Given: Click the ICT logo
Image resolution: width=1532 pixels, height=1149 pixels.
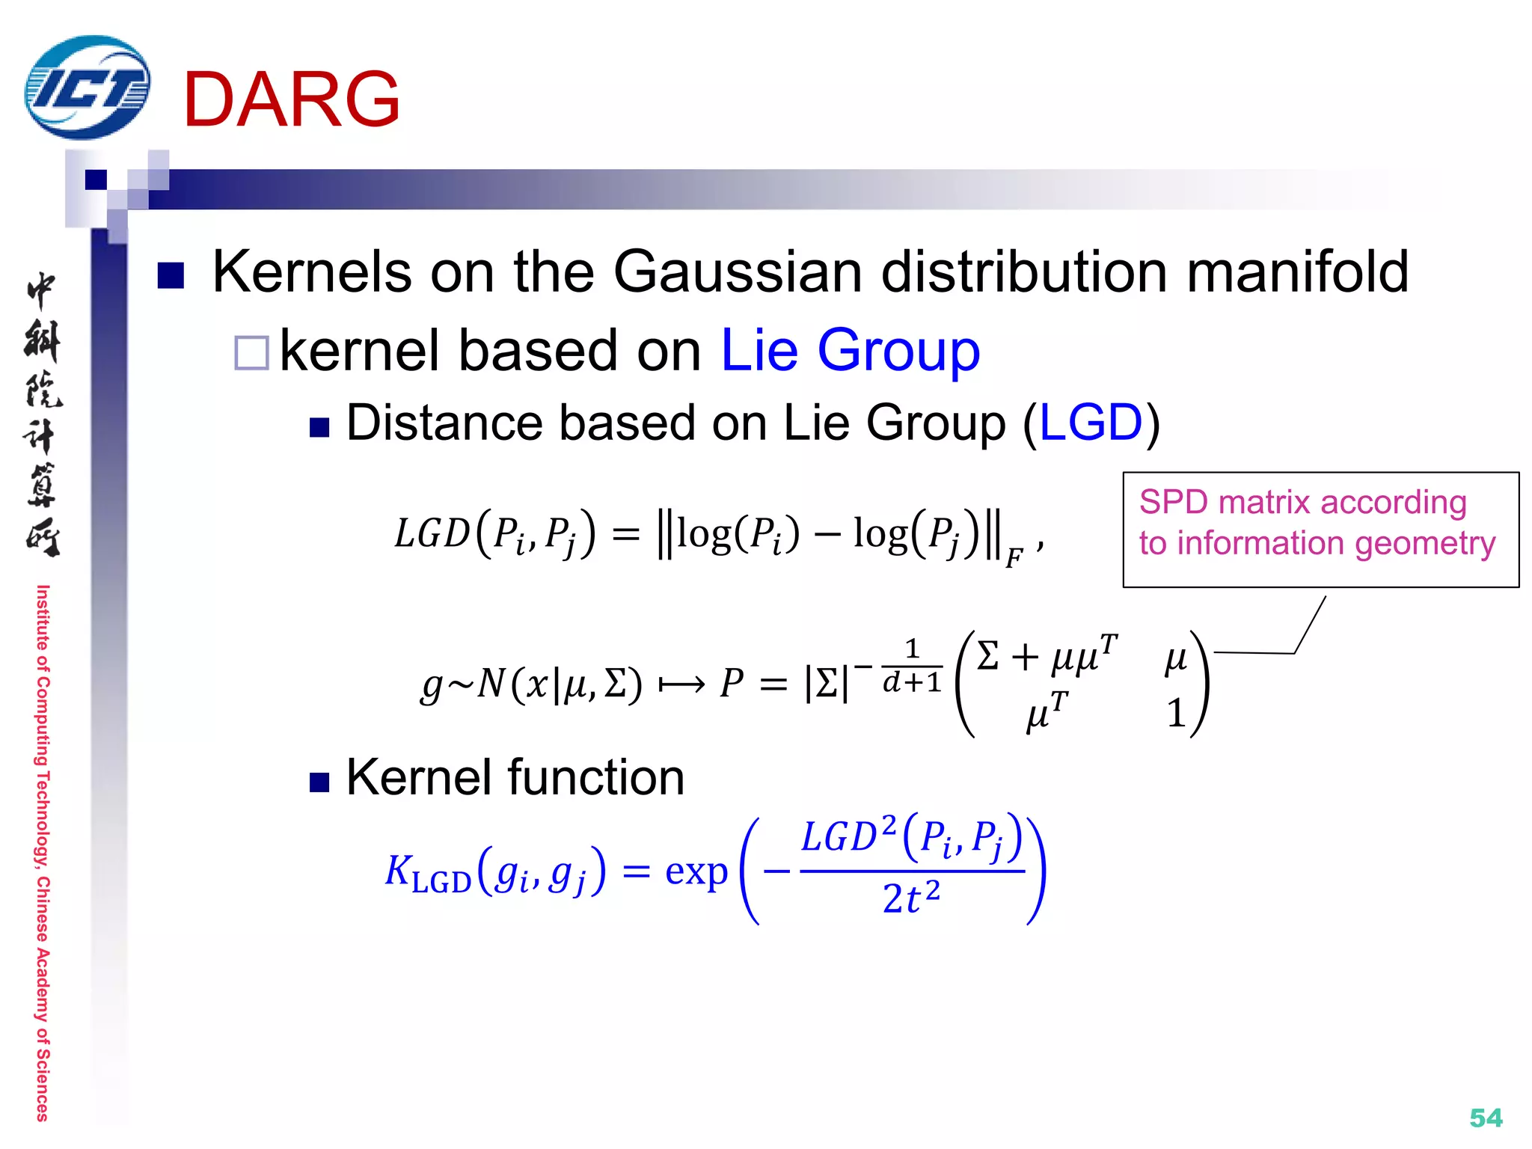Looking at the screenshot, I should pos(86,88).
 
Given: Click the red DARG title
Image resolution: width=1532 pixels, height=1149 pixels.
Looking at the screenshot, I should pos(291,99).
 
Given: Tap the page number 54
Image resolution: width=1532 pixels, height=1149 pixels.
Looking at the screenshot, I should pos(1485,1118).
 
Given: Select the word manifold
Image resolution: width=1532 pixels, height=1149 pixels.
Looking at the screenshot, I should pos(1297,272).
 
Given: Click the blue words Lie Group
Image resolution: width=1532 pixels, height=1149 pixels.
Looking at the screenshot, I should pos(850,350).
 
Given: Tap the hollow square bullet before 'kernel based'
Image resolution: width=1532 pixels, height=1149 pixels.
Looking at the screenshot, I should pos(251,352).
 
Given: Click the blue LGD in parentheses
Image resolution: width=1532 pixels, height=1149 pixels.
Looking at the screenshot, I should pos(1091,423).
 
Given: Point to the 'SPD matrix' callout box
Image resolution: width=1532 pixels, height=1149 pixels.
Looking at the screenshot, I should pos(1320,529).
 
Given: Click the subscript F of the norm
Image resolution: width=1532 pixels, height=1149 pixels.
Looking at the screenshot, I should pos(1013,558).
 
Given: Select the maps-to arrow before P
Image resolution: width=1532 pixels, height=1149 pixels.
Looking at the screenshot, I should pos(681,684).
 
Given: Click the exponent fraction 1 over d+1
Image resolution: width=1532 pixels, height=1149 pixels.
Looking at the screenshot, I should pos(911,666).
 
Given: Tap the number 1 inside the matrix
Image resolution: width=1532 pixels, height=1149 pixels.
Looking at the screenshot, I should pos(1176,713).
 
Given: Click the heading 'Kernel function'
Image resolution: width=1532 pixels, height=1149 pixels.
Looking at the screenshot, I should pos(515,777).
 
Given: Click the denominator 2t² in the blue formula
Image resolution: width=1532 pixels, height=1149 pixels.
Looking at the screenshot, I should pos(910,898).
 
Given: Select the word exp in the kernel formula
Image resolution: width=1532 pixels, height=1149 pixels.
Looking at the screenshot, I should pos(696,871).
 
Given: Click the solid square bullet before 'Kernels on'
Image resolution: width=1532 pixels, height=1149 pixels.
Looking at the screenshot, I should pos(171,275).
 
